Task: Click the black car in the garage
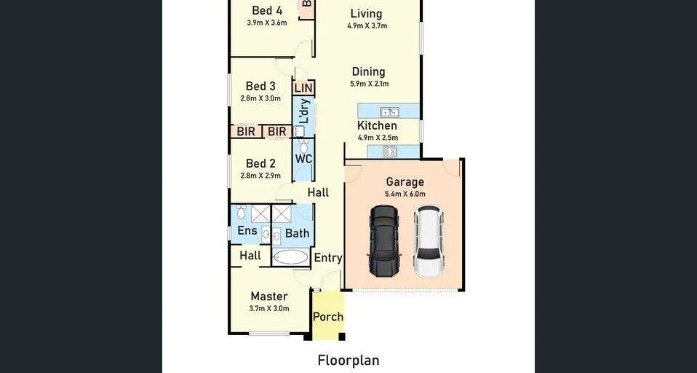384,240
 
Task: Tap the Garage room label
405,182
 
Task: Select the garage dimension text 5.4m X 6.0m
405,194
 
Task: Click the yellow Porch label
328,316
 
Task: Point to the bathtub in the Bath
290,257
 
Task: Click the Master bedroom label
269,297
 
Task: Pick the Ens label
247,231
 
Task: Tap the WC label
303,159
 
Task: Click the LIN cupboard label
303,88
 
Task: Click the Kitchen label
377,126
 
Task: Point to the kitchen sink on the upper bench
389,112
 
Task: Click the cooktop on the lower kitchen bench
389,152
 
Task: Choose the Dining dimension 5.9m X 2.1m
369,84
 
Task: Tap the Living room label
366,14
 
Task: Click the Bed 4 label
267,10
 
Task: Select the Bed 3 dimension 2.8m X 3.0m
260,98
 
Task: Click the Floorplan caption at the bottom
348,360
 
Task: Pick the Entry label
328,257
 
